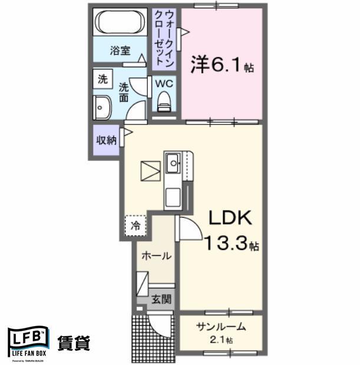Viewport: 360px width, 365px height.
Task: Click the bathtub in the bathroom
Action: click(x=121, y=23)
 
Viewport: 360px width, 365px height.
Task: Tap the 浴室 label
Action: click(x=120, y=51)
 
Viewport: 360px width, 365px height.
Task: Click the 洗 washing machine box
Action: click(x=103, y=78)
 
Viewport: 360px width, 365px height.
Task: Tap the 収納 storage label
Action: click(x=105, y=140)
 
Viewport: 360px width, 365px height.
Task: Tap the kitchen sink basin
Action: click(x=173, y=161)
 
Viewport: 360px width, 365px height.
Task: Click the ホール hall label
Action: click(x=156, y=256)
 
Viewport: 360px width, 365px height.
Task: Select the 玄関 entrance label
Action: click(x=159, y=299)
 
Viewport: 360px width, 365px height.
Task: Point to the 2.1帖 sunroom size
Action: click(x=221, y=340)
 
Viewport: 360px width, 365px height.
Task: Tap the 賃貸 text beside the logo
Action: click(x=74, y=343)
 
